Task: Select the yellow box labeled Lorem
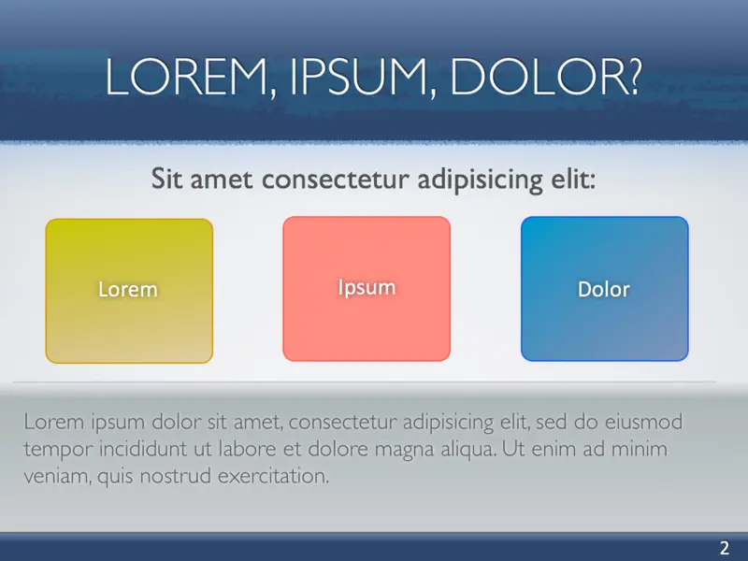[129, 290]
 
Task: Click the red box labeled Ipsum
[367, 287]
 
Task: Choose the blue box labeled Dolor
[604, 289]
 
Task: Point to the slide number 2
[724, 548]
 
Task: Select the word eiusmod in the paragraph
[646, 423]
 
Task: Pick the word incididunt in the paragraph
[149, 450]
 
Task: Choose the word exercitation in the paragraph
[274, 477]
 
